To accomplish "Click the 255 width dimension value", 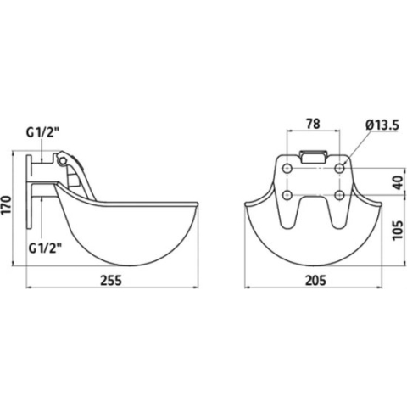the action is pyautogui.click(x=111, y=281).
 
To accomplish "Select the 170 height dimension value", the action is pyautogui.click(x=7, y=204).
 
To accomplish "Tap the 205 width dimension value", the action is pyautogui.click(x=315, y=281).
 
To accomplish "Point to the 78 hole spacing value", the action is pyautogui.click(x=313, y=124).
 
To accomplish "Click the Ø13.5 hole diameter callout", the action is pyautogui.click(x=382, y=125).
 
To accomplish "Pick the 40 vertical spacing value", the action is pyautogui.click(x=399, y=182).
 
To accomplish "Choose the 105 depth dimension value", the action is pyautogui.click(x=399, y=229).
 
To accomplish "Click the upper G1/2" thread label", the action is pyautogui.click(x=43, y=132).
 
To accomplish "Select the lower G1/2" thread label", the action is pyautogui.click(x=45, y=248).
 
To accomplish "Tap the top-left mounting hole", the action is pyautogui.click(x=287, y=169).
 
